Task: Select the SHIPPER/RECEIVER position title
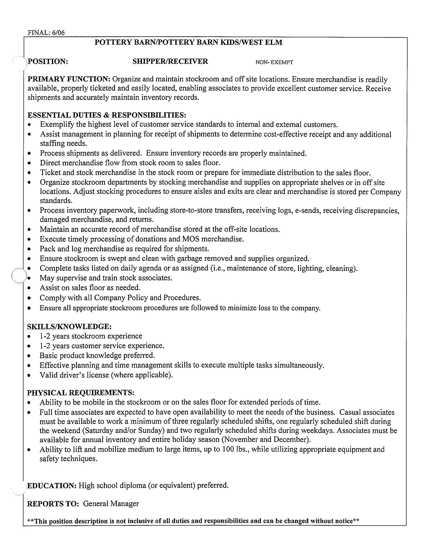point(170,62)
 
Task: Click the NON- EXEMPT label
point(274,62)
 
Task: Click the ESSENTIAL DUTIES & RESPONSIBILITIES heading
point(107,115)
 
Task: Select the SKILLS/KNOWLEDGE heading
point(69,327)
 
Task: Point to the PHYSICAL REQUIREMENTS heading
point(80,392)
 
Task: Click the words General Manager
point(111,504)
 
